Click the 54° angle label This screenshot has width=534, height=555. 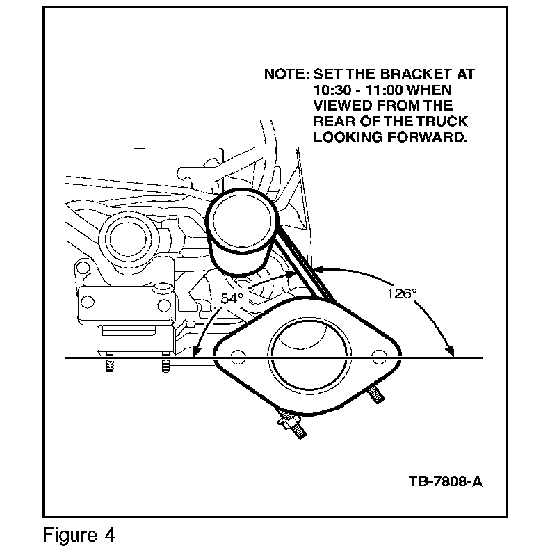[x=232, y=298]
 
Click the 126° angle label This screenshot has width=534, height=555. [x=401, y=293]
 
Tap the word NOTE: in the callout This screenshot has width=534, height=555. [x=286, y=74]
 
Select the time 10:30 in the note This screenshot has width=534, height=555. [x=332, y=90]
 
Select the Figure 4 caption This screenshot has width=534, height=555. [x=79, y=536]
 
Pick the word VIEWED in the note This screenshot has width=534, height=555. [x=343, y=106]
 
